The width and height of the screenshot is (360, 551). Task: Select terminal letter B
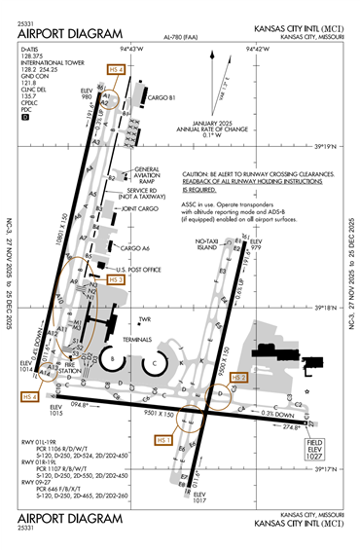click(x=112, y=358)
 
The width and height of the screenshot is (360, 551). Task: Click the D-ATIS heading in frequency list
click(x=31, y=47)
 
